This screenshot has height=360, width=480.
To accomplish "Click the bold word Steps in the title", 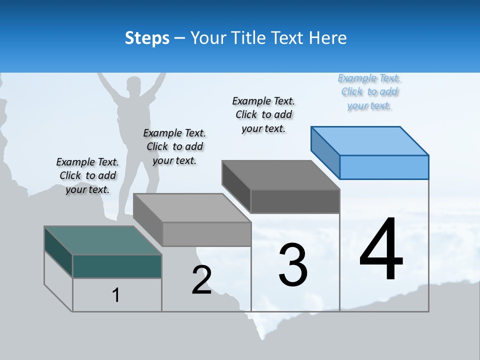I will [x=147, y=38].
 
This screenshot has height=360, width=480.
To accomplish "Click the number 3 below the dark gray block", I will [x=293, y=264].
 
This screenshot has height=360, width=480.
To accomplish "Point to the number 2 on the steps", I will [x=201, y=280].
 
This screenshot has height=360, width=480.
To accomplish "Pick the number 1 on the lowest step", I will [x=116, y=295].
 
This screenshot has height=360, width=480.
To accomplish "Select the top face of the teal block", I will [x=103, y=240].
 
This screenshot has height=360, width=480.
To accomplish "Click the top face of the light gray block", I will [x=192, y=208].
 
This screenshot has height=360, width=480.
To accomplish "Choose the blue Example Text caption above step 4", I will [x=369, y=92].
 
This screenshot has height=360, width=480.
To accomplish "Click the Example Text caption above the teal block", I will [x=87, y=175].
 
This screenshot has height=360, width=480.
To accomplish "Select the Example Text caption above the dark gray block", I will [x=263, y=114].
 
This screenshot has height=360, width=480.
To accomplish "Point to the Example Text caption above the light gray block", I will [x=174, y=146].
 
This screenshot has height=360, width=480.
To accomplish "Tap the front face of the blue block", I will [x=384, y=167].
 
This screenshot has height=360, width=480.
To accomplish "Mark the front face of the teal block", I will [x=117, y=266].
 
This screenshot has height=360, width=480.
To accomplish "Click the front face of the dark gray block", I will [x=295, y=201].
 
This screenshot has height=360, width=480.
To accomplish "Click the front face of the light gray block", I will [x=206, y=234].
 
